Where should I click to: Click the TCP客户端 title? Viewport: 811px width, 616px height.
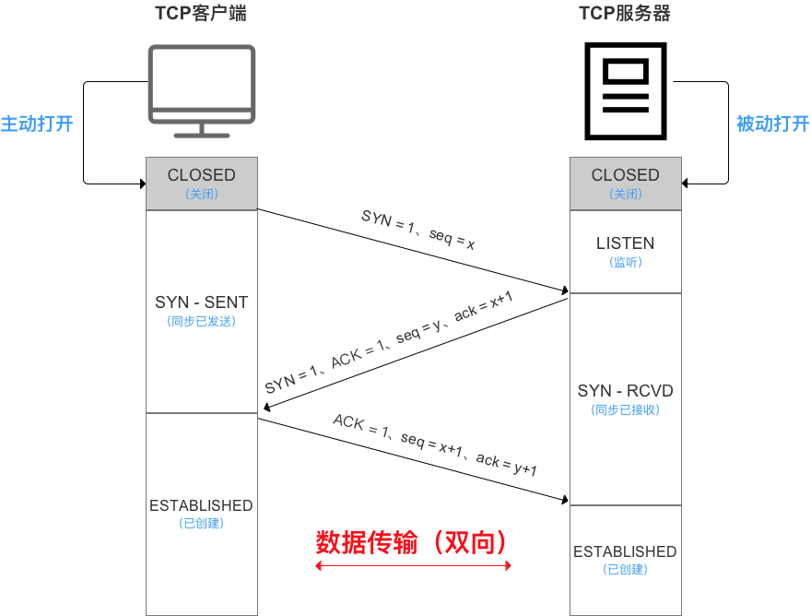200,14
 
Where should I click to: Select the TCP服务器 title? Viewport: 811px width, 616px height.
624,14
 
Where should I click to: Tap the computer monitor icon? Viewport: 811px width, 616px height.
202,90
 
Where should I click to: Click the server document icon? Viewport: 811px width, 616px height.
626,89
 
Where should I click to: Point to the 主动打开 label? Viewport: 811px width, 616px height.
37,124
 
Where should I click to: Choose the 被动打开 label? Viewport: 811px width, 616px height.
772,124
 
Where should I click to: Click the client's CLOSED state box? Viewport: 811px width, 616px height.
201,183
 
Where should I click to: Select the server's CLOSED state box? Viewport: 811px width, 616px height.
625,183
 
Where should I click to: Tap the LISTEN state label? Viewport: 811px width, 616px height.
625,243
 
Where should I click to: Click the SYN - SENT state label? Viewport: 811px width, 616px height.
201,302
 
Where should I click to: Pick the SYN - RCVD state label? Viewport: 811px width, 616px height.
625,391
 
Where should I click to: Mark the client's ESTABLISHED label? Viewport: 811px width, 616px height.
201,505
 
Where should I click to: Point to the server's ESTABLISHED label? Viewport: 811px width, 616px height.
625,551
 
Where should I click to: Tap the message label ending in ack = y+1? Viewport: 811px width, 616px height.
435,444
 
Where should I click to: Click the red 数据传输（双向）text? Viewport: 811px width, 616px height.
412,541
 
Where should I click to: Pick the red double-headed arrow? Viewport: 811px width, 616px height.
413,565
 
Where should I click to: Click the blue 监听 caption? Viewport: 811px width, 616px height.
625,263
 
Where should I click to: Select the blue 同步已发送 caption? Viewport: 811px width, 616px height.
201,322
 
